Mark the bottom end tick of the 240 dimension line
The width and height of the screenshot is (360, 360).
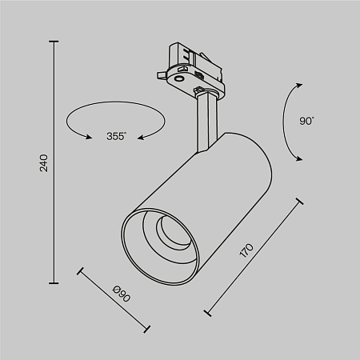[54, 282]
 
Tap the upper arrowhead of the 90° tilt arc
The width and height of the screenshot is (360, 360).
[299, 85]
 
